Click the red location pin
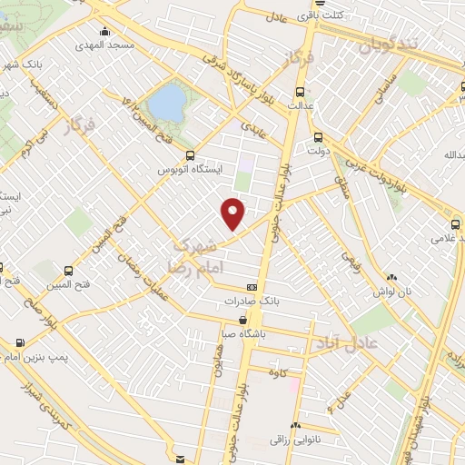[x=233, y=213]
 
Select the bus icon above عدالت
[x=301, y=92]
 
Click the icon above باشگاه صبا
[x=246, y=320]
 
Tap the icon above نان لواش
[x=391, y=278]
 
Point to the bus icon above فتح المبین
[x=71, y=271]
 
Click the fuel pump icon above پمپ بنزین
[x=20, y=343]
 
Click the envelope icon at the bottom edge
[x=181, y=459]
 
